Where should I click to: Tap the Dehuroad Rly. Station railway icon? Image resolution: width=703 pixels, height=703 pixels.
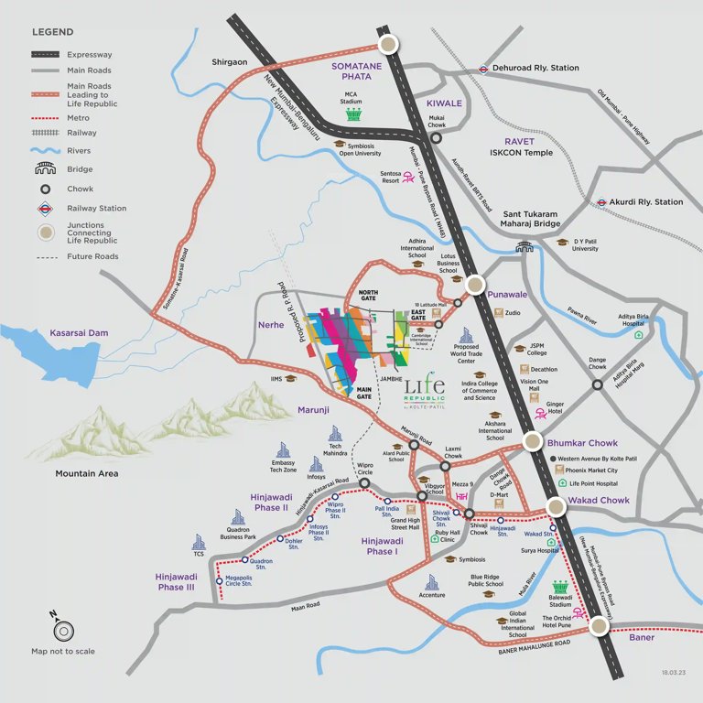point(481,68)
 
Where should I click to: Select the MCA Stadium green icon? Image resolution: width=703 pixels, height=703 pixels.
point(353,115)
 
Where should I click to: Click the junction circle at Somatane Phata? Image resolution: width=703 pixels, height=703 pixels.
point(389,45)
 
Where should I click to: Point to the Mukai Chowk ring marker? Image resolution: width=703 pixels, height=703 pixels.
point(437,138)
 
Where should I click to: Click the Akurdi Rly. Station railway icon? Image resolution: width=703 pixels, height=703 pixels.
point(601,202)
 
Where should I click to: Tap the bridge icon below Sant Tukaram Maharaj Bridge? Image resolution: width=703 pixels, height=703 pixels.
point(525,245)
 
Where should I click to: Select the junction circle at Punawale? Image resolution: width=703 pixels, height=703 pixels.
point(475,285)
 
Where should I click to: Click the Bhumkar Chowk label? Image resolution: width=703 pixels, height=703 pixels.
point(582,443)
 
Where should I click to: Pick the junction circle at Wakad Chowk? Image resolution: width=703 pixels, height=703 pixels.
point(557,507)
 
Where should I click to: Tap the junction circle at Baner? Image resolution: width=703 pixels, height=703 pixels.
point(599,626)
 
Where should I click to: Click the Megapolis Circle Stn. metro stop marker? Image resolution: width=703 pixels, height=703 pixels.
point(219,580)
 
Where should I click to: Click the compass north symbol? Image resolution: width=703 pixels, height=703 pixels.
point(63,630)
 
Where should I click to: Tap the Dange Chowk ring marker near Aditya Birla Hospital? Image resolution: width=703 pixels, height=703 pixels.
point(597,384)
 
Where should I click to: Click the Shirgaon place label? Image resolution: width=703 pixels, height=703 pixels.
point(230,62)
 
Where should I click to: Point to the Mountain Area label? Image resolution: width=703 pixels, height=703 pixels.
point(86,473)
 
